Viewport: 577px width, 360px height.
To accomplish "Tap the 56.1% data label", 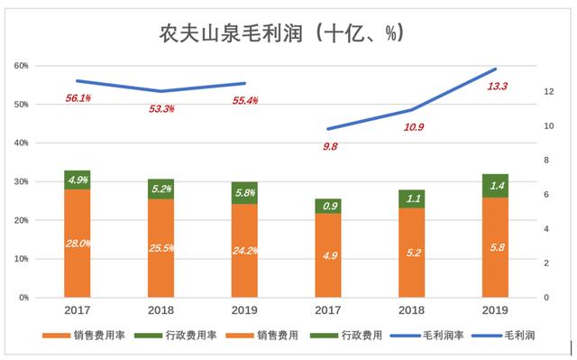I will (78, 98).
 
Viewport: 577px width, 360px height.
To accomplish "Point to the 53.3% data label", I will (161, 108).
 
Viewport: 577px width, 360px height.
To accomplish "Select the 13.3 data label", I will (497, 87).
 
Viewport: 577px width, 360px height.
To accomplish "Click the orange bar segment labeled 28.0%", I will (78, 242).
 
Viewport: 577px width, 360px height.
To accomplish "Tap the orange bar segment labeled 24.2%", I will (244, 250).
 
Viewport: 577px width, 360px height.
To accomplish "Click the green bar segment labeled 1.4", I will (495, 185).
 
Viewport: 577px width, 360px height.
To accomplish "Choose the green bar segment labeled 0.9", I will (329, 206).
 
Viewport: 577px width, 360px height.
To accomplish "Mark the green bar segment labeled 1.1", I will (412, 198).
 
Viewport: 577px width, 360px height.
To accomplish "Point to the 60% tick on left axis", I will (22, 66).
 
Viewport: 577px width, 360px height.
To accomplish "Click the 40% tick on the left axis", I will (22, 143).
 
